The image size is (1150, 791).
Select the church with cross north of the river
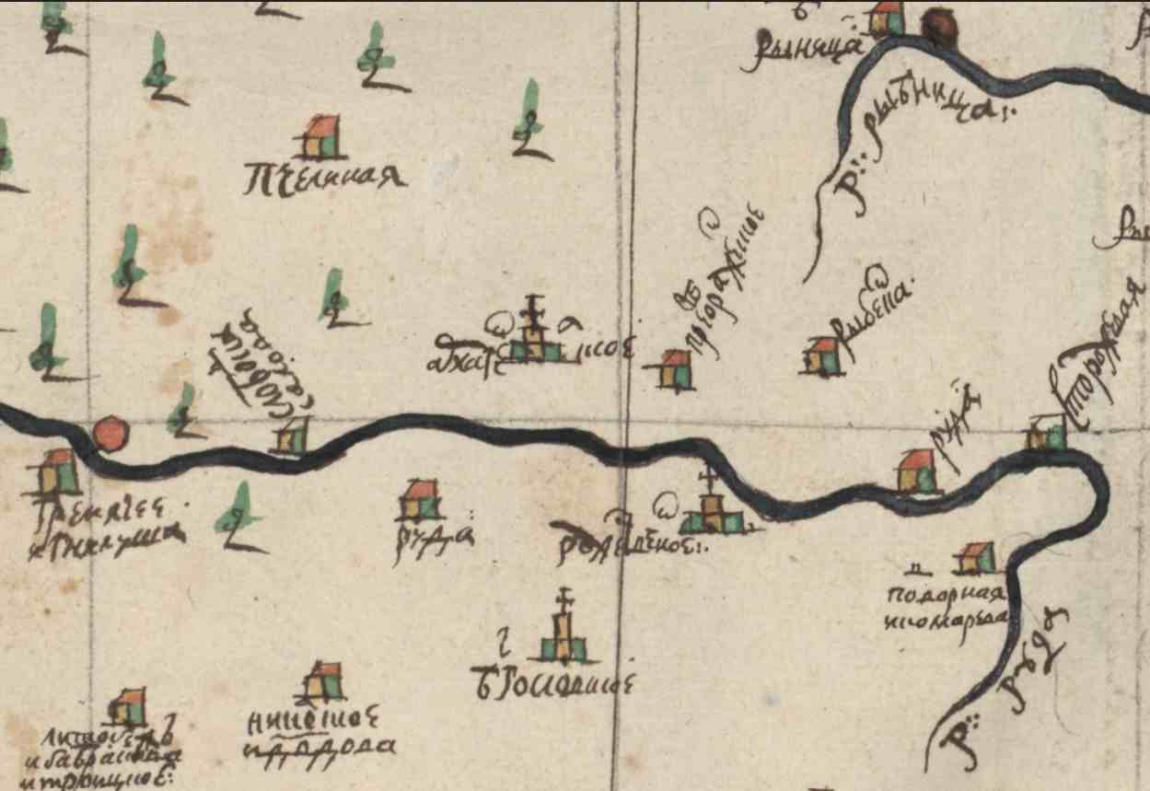pyautogui.click(x=533, y=335)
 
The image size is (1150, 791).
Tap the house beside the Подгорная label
pyautogui.click(x=975, y=557)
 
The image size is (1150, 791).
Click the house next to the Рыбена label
pyautogui.click(x=823, y=356)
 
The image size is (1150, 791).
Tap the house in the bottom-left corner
pyautogui.click(x=127, y=708)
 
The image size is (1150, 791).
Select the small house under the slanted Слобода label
pyautogui.click(x=294, y=435)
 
